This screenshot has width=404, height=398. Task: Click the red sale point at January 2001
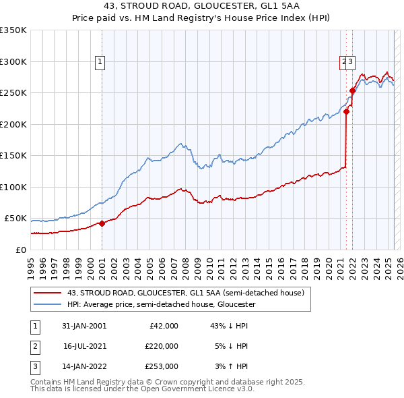pyautogui.click(x=102, y=223)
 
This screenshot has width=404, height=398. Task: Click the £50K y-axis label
pyautogui.click(x=15, y=219)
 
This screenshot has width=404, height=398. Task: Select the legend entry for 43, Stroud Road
pyautogui.click(x=185, y=293)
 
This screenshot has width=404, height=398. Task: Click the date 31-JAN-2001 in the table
pyautogui.click(x=84, y=326)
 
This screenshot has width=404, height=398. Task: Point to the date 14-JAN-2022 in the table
pyautogui.click(x=84, y=366)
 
